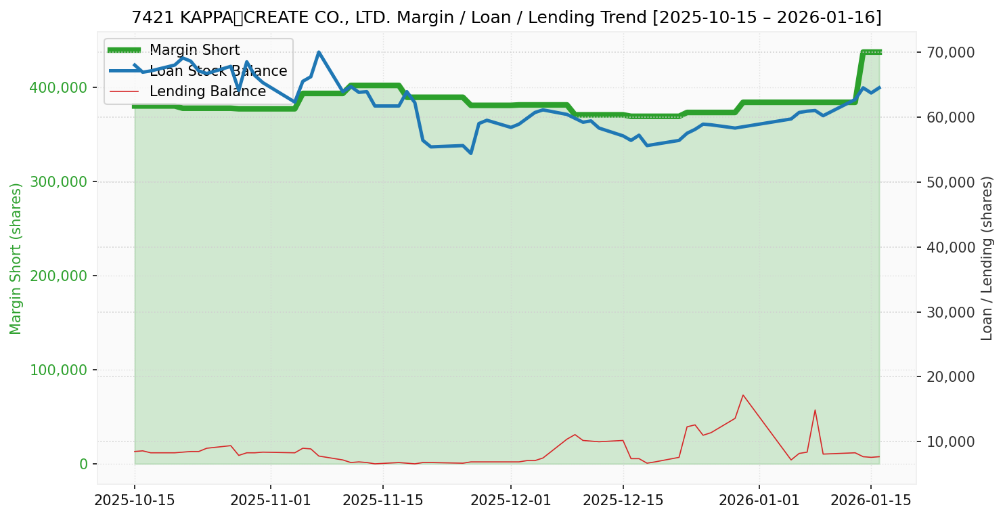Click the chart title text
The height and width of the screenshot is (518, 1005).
click(x=506, y=18)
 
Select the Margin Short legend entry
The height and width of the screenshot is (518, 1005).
click(x=194, y=51)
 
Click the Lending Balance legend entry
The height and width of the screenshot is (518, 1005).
click(x=207, y=91)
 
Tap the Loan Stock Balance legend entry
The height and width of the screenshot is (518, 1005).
click(x=218, y=71)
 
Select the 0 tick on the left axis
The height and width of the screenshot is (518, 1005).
click(x=83, y=464)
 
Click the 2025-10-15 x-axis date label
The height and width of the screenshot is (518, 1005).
click(x=135, y=500)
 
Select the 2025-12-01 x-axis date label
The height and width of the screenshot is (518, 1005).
click(x=510, y=500)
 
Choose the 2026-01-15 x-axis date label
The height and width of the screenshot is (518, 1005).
click(x=870, y=500)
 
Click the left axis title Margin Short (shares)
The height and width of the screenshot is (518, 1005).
click(x=16, y=258)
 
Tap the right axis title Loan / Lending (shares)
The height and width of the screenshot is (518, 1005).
click(x=987, y=258)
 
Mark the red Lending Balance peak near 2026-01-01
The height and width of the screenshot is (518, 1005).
click(x=743, y=395)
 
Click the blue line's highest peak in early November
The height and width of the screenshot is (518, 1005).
click(x=319, y=52)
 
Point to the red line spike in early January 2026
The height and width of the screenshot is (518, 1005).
click(x=815, y=410)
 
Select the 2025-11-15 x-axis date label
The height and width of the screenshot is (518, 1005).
click(x=383, y=500)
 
